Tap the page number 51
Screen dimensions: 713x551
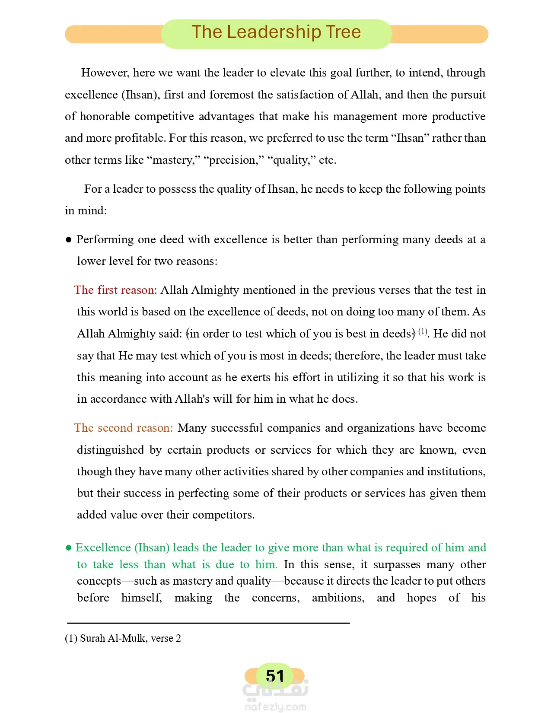click(275, 676)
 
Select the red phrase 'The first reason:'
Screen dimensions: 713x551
click(115, 290)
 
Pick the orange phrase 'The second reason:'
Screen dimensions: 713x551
click(124, 428)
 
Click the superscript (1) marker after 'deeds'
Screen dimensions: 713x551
click(422, 331)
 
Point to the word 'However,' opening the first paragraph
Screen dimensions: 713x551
click(105, 73)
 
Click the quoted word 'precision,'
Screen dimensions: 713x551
click(233, 160)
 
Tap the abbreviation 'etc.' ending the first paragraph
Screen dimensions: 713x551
click(328, 160)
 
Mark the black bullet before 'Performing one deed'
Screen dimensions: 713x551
click(68, 240)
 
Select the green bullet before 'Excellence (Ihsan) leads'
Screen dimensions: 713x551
click(68, 548)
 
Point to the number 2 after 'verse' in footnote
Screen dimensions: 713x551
click(178, 638)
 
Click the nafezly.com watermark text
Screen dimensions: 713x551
click(275, 707)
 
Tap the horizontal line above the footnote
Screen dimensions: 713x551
click(208, 623)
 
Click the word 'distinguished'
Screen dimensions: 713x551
click(110, 450)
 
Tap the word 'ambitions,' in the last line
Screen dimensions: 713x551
click(338, 598)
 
